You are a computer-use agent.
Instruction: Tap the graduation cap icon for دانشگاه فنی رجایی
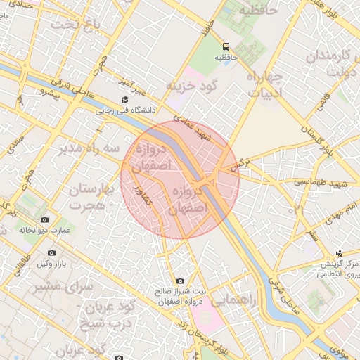[124, 99]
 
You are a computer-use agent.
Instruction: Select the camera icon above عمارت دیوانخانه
[45, 219]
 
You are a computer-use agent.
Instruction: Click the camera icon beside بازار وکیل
[51, 252]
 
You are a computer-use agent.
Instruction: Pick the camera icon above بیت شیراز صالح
[180, 281]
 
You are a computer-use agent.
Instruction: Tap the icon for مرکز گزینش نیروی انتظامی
[339, 253]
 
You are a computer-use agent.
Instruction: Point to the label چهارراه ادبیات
[265, 83]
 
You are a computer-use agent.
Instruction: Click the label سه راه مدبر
[88, 149]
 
